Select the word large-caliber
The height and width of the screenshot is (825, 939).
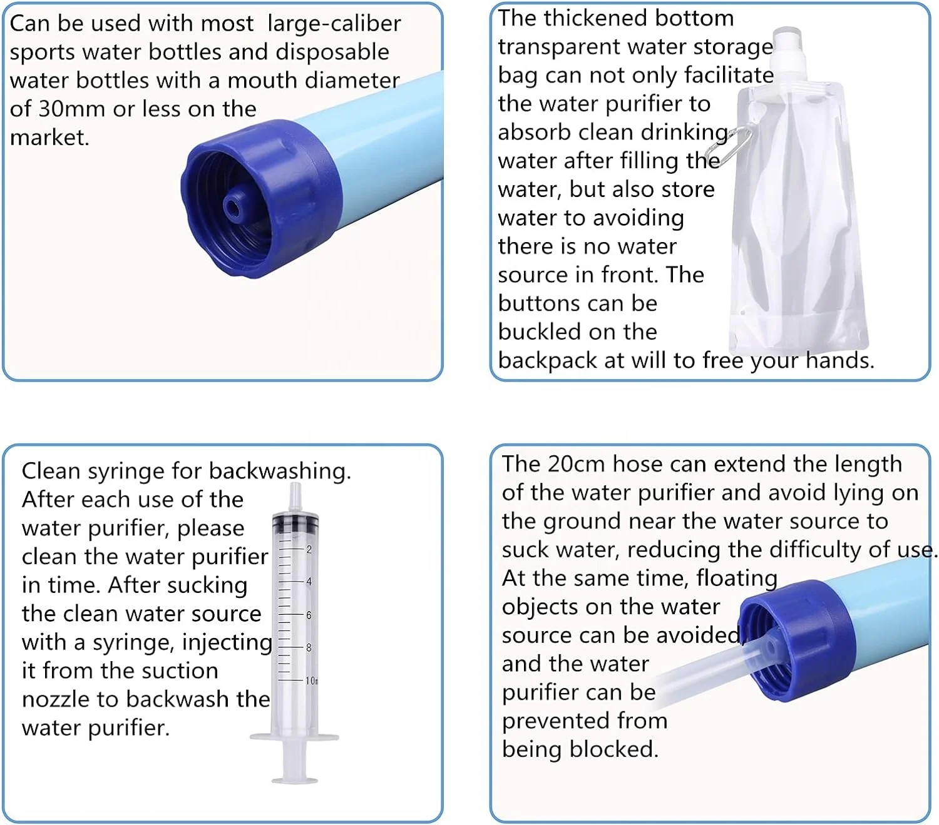coord(334,24)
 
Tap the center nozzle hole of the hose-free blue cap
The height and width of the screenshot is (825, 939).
coord(234,206)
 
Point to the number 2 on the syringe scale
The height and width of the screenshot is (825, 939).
coord(309,549)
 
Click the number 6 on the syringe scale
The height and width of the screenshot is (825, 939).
coord(309,615)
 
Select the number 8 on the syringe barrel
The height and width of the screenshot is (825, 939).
coord(309,647)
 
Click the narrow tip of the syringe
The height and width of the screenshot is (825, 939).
coord(295,494)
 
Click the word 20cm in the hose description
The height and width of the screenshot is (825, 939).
coord(576,464)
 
